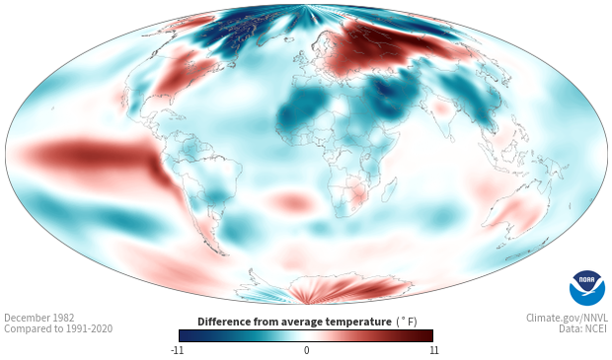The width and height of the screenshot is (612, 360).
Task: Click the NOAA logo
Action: point(587,288)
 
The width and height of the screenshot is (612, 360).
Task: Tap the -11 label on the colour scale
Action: point(177,350)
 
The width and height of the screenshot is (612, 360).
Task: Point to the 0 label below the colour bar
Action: point(306,350)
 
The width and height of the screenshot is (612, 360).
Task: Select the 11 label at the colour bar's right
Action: point(434,350)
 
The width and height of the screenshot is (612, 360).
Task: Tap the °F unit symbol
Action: point(407,322)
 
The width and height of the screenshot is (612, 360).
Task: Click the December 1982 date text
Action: point(39,318)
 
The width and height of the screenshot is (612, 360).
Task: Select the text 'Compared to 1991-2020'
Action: point(58,328)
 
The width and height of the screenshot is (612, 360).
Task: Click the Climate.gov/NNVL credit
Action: point(567,318)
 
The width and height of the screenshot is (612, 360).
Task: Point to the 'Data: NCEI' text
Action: point(583,328)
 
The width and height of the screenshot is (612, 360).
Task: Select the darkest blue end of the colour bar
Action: point(182,335)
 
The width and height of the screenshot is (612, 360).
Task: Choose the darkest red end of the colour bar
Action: point(429,335)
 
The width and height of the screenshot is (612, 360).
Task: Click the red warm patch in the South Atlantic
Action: point(289,200)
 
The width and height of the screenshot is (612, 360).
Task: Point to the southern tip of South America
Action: point(222,253)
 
